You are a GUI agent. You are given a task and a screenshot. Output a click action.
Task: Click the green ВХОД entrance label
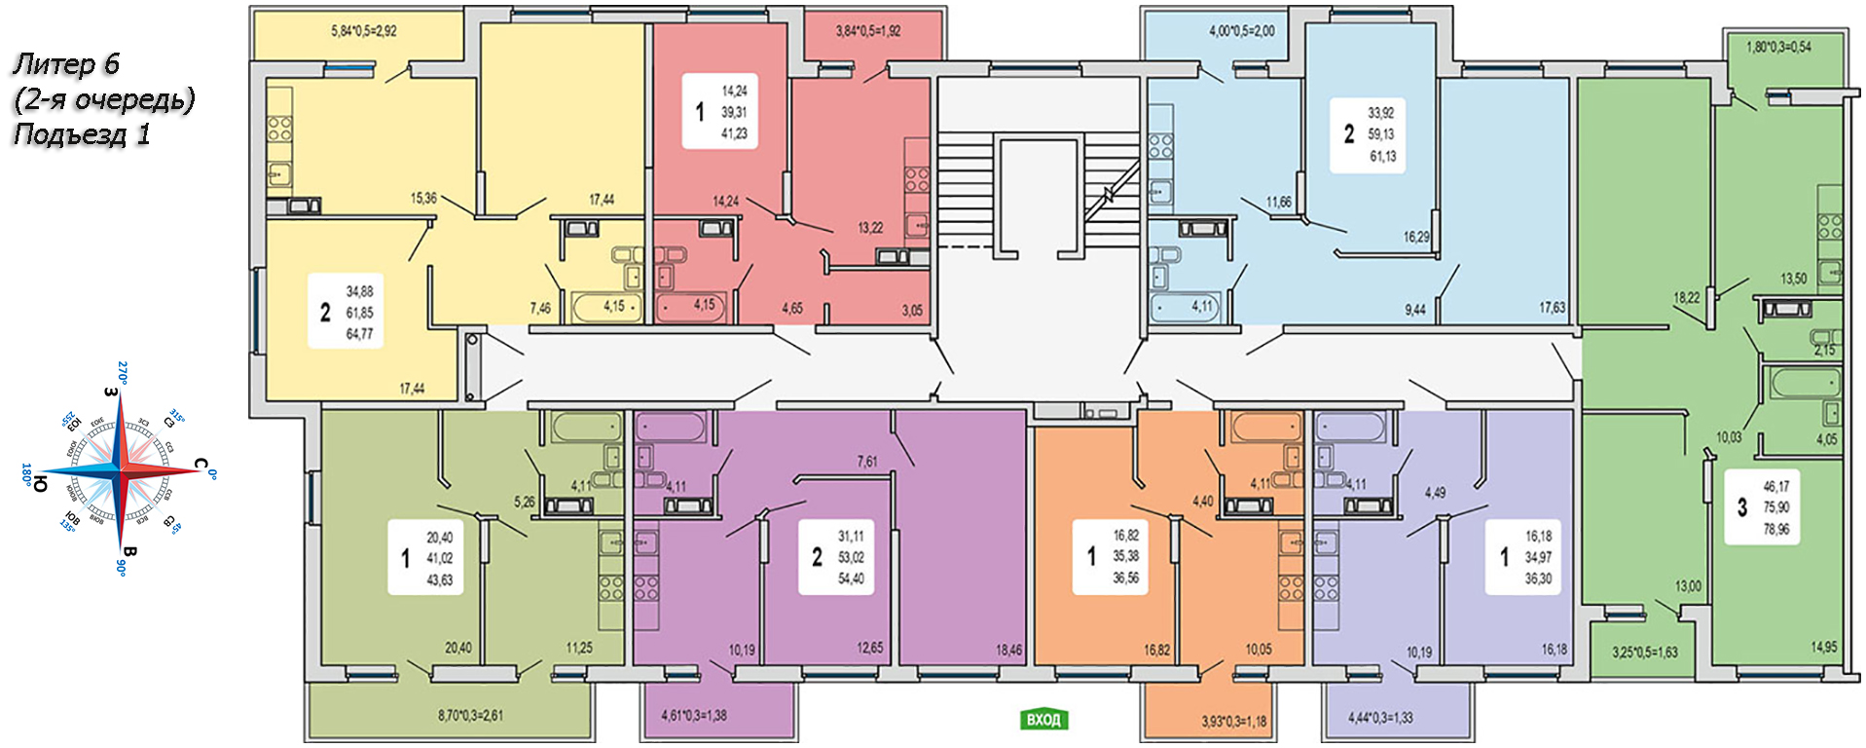(1043, 720)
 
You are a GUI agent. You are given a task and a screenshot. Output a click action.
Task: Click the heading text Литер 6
(65, 64)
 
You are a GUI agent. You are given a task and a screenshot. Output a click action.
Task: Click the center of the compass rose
(121, 470)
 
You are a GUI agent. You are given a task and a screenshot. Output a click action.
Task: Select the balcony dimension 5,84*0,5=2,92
(363, 31)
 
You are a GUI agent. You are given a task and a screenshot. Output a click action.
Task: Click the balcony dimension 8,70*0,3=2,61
(470, 716)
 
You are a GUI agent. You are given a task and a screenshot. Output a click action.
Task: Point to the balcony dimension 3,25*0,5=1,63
(1644, 653)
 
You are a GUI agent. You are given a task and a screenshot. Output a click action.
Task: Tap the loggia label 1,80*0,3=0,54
(1778, 47)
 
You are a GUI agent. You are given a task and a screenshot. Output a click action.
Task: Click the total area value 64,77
(359, 334)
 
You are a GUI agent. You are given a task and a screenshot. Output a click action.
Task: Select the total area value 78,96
(1775, 530)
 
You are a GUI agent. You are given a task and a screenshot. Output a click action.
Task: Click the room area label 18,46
(1008, 650)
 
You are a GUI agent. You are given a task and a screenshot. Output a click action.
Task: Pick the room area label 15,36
(423, 199)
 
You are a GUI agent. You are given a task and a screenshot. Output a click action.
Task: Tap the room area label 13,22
(870, 228)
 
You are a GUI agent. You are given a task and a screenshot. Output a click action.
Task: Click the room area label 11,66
(1278, 203)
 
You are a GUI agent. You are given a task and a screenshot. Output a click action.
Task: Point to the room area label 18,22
(1686, 298)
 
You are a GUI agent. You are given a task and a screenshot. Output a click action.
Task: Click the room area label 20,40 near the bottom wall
(457, 648)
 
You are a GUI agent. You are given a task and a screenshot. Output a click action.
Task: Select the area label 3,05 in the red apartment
(911, 311)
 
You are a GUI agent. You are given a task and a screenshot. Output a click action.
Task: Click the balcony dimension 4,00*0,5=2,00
(1241, 31)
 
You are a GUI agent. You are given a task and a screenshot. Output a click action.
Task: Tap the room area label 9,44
(1414, 310)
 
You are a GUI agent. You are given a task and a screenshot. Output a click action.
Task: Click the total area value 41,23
(734, 133)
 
